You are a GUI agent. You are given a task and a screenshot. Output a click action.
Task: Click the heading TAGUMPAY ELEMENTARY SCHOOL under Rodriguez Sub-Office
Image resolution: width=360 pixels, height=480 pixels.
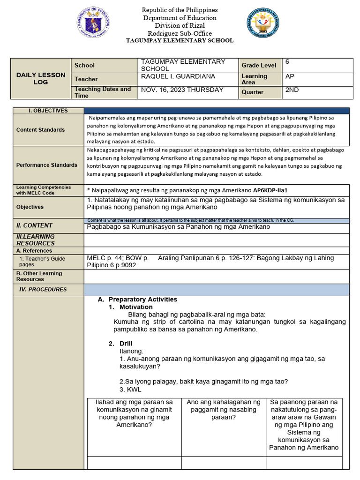(180, 41)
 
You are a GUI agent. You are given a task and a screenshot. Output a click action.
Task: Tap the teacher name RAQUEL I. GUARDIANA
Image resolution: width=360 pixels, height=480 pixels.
(178, 76)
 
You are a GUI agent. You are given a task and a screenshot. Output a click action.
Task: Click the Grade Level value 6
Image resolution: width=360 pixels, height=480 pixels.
(287, 62)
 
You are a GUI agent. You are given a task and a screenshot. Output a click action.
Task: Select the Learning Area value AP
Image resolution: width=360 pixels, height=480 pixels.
(290, 76)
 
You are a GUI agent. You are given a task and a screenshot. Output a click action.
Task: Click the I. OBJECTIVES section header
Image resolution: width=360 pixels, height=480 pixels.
(48, 111)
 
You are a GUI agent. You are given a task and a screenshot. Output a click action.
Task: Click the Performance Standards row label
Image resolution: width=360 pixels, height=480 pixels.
(47, 165)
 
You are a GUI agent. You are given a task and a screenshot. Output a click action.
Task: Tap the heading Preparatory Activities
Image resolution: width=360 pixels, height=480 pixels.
(142, 300)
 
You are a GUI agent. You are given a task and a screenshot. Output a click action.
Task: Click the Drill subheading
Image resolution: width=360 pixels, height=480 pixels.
(127, 344)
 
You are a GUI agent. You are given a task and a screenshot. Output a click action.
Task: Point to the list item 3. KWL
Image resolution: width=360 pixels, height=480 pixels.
(130, 390)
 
